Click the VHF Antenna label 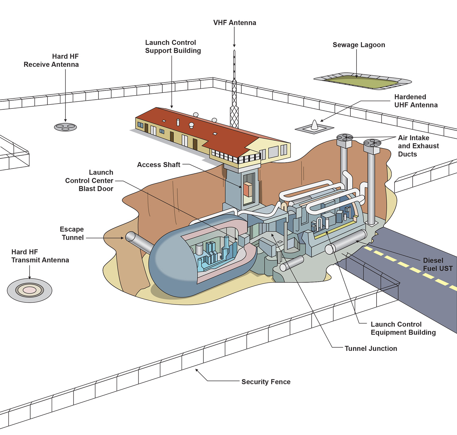[235, 23]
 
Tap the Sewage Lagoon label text [359, 45]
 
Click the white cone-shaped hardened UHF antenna [314, 125]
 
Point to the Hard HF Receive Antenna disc [65, 127]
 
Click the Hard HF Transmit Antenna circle [30, 290]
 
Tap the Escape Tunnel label [72, 233]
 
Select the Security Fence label [266, 382]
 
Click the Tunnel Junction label [370, 348]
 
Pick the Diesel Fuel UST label [438, 264]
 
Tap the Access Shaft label [158, 165]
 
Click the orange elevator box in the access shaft [248, 189]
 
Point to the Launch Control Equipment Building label [403, 328]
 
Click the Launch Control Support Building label [173, 47]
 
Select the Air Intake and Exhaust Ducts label [418, 146]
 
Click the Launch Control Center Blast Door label [89, 181]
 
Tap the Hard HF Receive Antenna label [51, 60]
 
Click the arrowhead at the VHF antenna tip [234, 46]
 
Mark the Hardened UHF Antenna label [416, 101]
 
